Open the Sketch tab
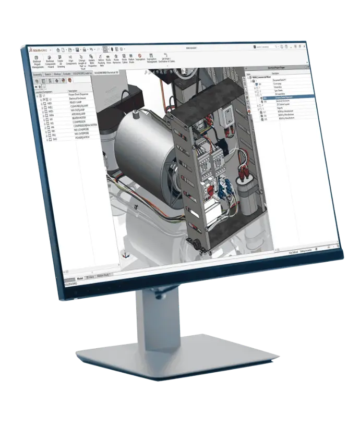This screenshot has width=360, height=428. pos(48,75)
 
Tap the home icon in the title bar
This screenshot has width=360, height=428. pos(58,49)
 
